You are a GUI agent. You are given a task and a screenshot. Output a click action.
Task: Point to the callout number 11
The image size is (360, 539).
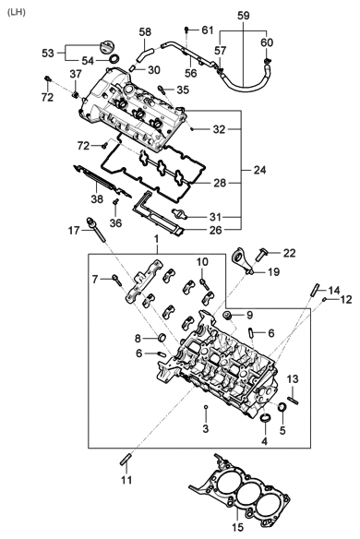click(x=126, y=481)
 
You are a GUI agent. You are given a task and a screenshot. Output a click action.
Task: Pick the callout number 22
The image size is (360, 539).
click(x=288, y=252)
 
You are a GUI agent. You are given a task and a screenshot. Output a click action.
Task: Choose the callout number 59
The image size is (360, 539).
click(x=243, y=16)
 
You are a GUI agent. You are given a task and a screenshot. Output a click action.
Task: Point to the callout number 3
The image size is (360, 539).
click(x=205, y=429)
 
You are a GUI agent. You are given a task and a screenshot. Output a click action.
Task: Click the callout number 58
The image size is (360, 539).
click(x=145, y=32)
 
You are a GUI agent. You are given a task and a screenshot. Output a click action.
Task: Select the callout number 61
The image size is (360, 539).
click(x=207, y=30)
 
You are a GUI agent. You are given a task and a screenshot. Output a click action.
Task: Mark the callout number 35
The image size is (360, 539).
click(x=182, y=90)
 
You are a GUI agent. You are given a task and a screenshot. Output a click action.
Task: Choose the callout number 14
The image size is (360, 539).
click(x=334, y=290)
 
